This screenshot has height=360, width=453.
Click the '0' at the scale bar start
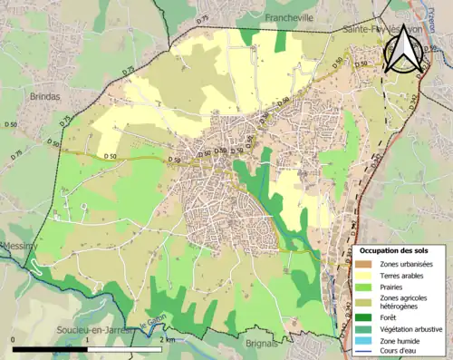point(14,338)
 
